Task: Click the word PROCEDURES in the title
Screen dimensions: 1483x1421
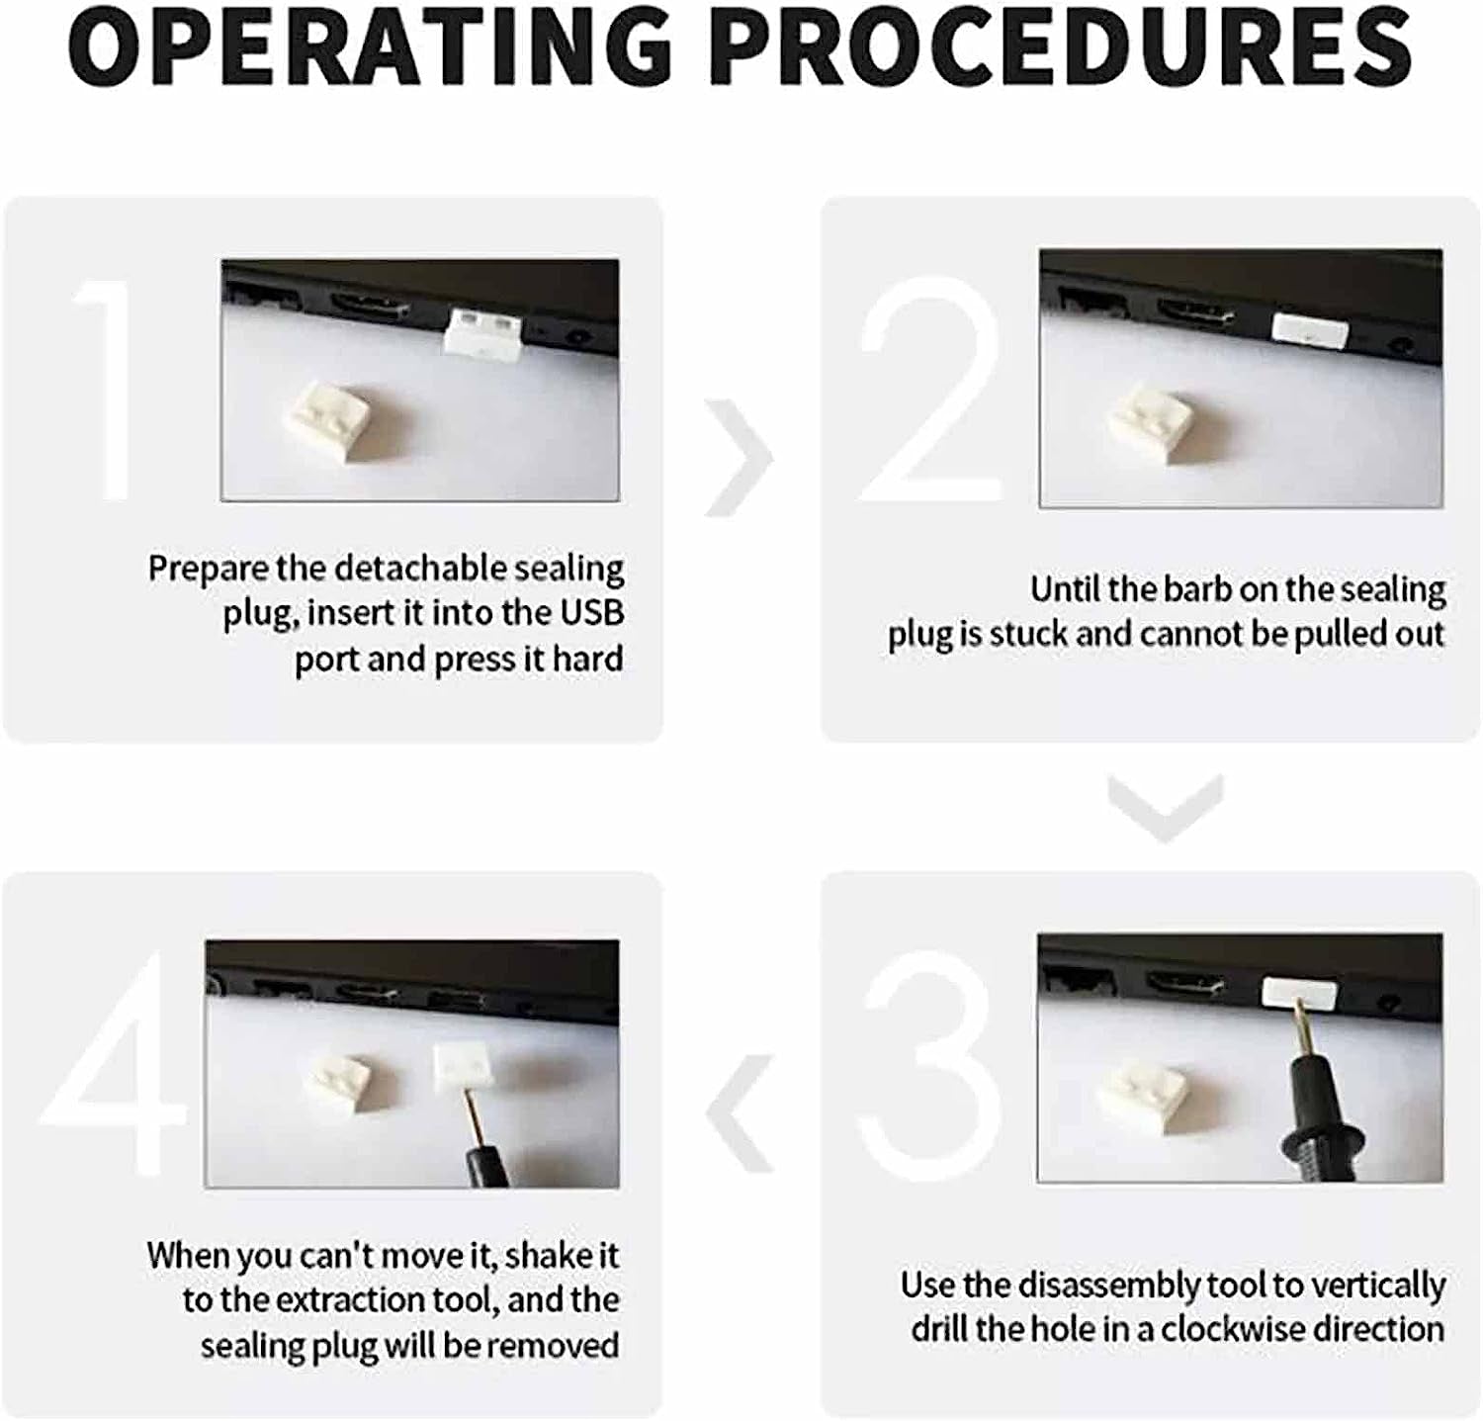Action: [1062, 46]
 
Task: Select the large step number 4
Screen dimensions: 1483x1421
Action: [114, 1063]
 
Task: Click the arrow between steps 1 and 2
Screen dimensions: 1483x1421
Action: [740, 458]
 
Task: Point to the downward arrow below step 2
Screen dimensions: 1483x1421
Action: [1166, 807]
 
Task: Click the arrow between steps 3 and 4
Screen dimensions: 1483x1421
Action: [740, 1113]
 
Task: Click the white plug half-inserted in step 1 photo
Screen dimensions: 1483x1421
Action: [482, 331]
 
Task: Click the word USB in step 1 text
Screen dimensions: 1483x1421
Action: [592, 613]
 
